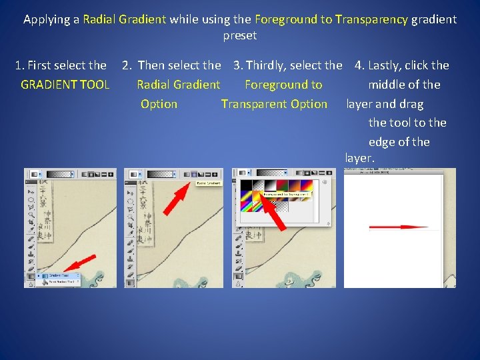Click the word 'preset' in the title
pyautogui.click(x=240, y=35)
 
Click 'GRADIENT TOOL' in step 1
pyautogui.click(x=65, y=85)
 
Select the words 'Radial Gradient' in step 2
pyautogui.click(x=178, y=85)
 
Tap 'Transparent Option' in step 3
pyautogui.click(x=274, y=104)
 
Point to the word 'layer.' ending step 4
pyautogui.click(x=361, y=159)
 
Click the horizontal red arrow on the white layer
pyautogui.click(x=399, y=227)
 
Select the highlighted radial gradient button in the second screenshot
pyautogui.click(x=193, y=174)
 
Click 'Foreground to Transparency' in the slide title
pyautogui.click(x=331, y=19)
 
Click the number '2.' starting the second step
pyautogui.click(x=127, y=65)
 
